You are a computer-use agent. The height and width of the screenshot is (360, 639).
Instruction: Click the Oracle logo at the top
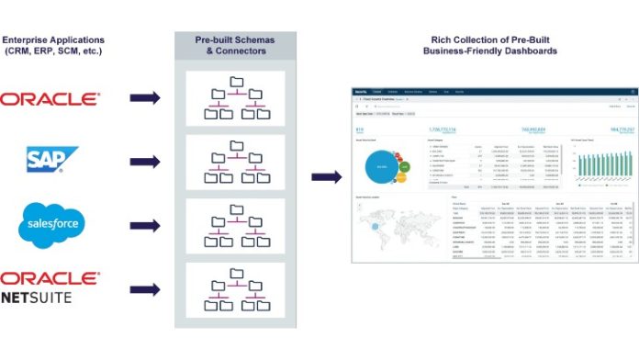[x=50, y=98]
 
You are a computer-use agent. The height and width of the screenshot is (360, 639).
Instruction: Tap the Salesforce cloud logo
[x=51, y=222]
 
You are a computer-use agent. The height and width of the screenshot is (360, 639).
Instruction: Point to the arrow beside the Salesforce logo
[x=145, y=222]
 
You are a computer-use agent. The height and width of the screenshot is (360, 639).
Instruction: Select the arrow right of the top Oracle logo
[x=145, y=98]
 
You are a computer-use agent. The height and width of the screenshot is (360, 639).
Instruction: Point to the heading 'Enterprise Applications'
[x=53, y=40]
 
